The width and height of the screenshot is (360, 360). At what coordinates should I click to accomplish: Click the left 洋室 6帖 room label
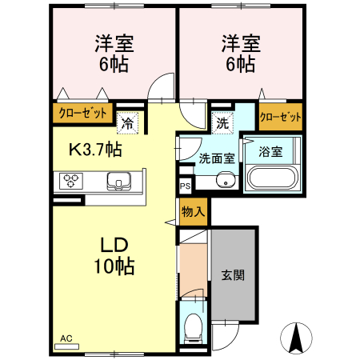tap(111, 53)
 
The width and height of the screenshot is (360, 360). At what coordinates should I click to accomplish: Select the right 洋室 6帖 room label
tap(239, 53)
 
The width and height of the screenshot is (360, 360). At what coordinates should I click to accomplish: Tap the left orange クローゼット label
tap(81, 114)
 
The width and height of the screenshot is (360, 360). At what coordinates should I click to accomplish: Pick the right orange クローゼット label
tap(281, 117)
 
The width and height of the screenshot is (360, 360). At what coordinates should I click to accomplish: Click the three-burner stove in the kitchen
tap(70, 182)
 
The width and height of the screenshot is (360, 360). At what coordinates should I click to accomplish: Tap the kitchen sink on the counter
tap(118, 182)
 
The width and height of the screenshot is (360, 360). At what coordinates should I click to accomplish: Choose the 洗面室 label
tap(215, 158)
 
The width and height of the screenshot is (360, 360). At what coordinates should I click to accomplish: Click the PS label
tap(185, 187)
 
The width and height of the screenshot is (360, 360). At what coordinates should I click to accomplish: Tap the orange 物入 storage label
tap(193, 212)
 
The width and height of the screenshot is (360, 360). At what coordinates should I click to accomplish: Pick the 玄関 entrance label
tap(233, 274)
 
